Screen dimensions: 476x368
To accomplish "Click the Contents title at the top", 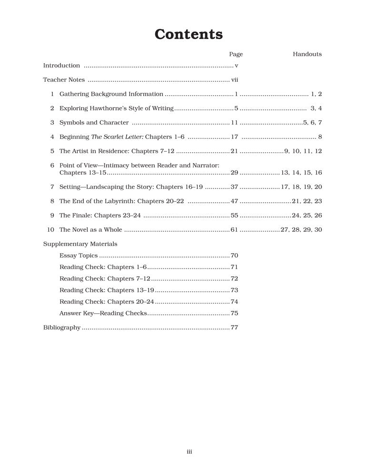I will (x=189, y=34).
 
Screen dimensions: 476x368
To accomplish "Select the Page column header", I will (x=236, y=54).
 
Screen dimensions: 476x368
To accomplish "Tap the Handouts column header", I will (x=307, y=54).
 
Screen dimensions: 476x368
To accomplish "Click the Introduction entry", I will (x=61, y=66).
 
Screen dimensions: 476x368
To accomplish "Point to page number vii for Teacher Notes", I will (x=234, y=80).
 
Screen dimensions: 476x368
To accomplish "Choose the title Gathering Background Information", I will (x=111, y=94).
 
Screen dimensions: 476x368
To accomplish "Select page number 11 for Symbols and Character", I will (x=234, y=123).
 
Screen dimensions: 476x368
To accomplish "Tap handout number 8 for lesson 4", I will (x=320, y=137).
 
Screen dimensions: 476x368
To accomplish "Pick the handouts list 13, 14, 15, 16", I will (x=301, y=173).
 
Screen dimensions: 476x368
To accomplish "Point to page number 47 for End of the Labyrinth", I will (x=234, y=201).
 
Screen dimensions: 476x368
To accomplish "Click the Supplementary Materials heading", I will (x=80, y=244).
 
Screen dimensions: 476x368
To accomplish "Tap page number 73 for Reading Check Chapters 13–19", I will (x=234, y=290).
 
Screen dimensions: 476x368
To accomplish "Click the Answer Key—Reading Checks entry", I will (x=103, y=313).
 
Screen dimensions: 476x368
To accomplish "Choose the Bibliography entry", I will (x=62, y=327).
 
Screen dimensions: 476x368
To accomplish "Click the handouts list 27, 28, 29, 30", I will (x=301, y=230).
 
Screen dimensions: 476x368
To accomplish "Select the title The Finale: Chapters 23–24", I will (x=100, y=216).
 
